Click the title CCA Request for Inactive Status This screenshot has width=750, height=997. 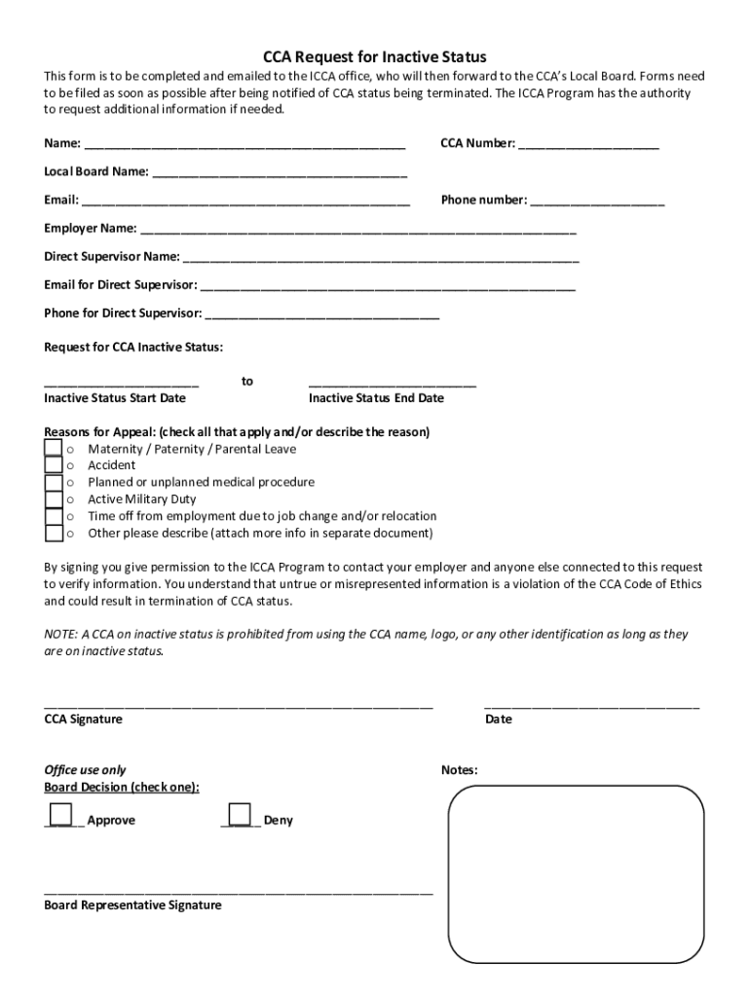(x=375, y=57)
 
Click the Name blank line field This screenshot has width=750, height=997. (x=244, y=147)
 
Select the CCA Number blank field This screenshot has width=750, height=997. (x=588, y=147)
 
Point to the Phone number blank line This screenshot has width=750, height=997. (x=597, y=203)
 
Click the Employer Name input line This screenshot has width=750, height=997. (x=358, y=232)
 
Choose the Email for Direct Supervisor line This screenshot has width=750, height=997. (x=388, y=288)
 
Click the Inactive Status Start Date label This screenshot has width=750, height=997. (x=115, y=398)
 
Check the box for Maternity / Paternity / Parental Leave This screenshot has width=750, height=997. (x=54, y=448)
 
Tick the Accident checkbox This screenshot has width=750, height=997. (x=54, y=465)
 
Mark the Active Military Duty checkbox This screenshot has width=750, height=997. (x=54, y=499)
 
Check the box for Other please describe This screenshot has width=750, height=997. (x=54, y=534)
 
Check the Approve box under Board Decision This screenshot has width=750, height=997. (x=60, y=814)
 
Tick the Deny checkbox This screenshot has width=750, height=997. (x=239, y=814)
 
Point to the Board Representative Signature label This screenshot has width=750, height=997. (x=132, y=905)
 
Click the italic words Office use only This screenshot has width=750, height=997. (x=85, y=770)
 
